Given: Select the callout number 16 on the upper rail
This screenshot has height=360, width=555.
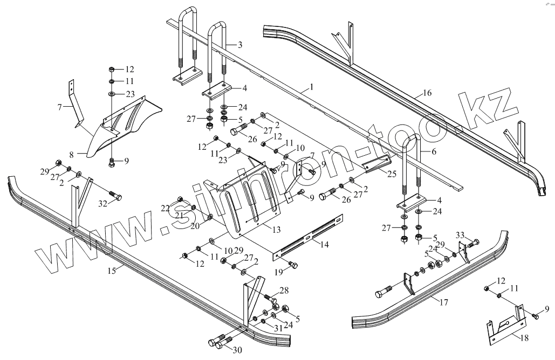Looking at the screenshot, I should pyautogui.click(x=427, y=93).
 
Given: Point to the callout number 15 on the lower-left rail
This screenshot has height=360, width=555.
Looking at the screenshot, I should pyautogui.click(x=112, y=269).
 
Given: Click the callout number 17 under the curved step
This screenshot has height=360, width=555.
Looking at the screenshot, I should pyautogui.click(x=443, y=303).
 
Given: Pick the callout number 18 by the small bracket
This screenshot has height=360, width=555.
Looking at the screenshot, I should pyautogui.click(x=523, y=337).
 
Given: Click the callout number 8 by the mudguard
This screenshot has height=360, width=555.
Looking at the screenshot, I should pyautogui.click(x=71, y=154).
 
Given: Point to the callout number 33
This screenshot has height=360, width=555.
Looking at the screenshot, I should pyautogui.click(x=459, y=234).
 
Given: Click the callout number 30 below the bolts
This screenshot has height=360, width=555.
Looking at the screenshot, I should pyautogui.click(x=237, y=350).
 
